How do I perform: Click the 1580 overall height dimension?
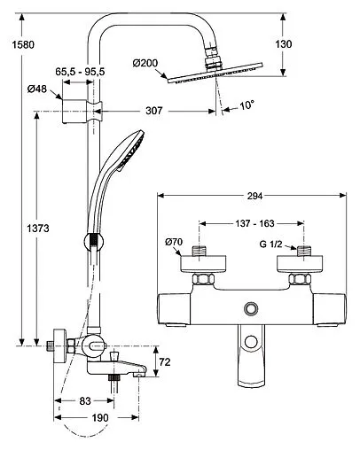[23, 44]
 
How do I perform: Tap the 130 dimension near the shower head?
[284, 44]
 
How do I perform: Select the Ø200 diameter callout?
[145, 63]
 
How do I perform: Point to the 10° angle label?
[247, 105]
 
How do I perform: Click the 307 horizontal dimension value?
[154, 111]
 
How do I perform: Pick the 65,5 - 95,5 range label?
[80, 72]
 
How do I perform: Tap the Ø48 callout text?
[37, 89]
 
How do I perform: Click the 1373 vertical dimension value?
[38, 229]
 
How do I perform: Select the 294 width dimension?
[254, 196]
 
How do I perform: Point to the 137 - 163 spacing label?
[254, 223]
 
